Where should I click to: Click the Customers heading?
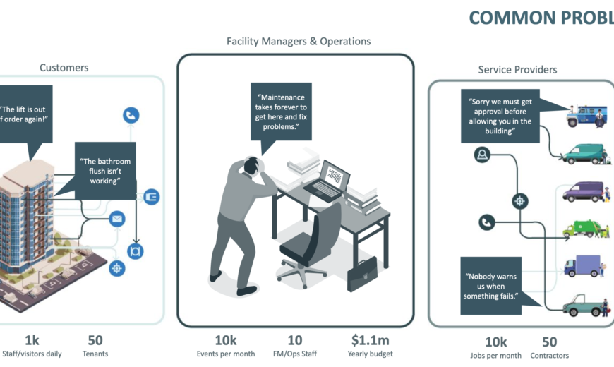64,68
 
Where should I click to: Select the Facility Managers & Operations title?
299,42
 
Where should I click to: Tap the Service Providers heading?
517,70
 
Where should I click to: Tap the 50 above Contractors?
549,341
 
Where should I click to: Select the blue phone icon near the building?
131,115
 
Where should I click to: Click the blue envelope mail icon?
117,219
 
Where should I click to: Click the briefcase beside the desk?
361,274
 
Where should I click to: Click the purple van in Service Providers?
584,192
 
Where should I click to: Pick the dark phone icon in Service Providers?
486,222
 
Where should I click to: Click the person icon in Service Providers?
483,155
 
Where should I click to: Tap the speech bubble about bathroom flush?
104,172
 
